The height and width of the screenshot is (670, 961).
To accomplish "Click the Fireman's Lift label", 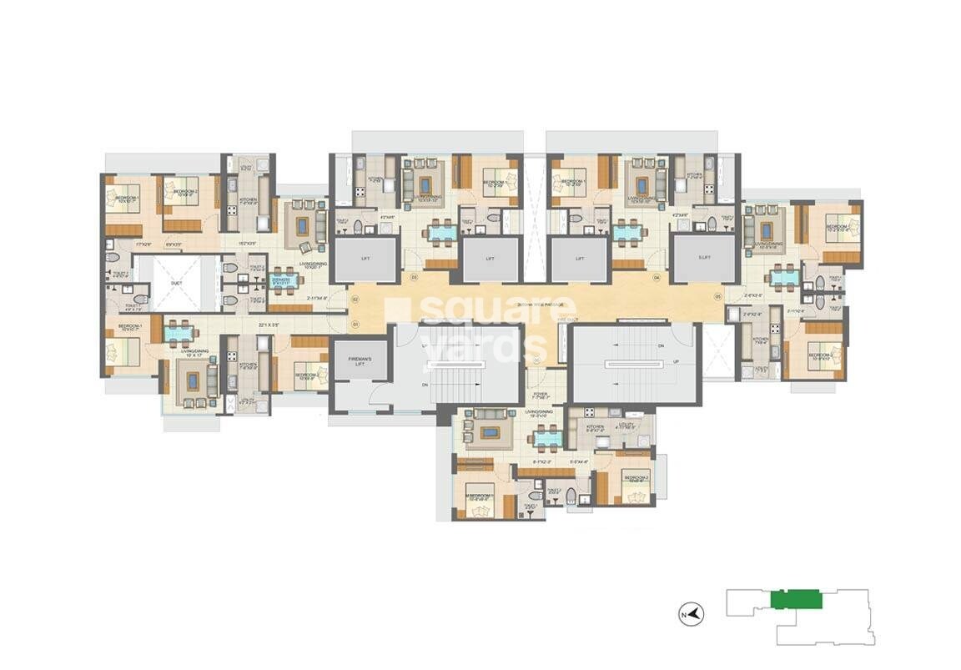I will (359, 360).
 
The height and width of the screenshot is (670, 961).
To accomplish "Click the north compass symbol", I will (692, 615).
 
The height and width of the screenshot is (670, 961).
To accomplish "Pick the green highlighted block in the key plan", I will (797, 599).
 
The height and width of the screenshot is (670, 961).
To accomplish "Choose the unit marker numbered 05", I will (717, 297).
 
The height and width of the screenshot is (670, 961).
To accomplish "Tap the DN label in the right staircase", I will (661, 345).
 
